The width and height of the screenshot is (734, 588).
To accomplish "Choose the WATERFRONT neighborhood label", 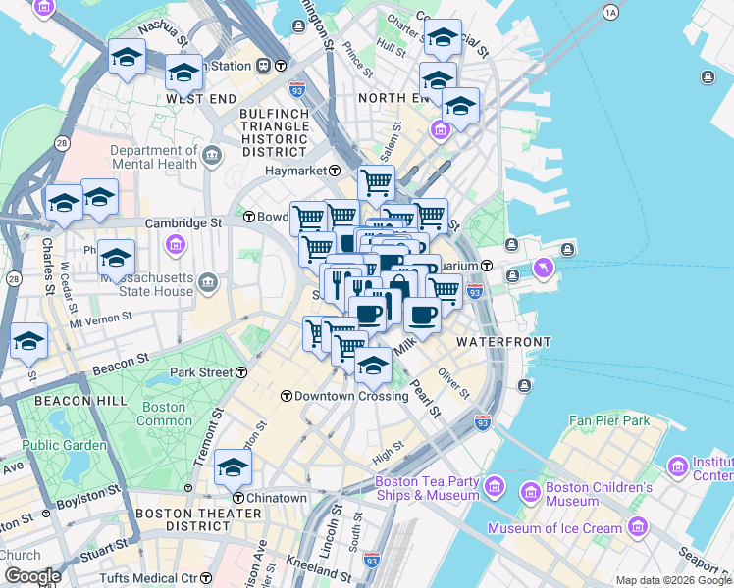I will pyautogui.click(x=502, y=341).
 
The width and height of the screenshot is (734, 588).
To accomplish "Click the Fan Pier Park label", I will pyautogui.click(x=609, y=420).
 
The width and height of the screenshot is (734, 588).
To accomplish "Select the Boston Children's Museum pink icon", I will pyautogui.click(x=531, y=490).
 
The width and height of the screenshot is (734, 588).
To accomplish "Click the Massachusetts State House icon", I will pyautogui.click(x=208, y=284).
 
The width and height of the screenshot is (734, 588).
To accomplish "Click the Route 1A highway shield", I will pyautogui.click(x=611, y=12).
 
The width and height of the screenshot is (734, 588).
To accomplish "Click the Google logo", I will pyautogui.click(x=32, y=576).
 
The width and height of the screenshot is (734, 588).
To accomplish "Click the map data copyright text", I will pyautogui.click(x=673, y=580).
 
